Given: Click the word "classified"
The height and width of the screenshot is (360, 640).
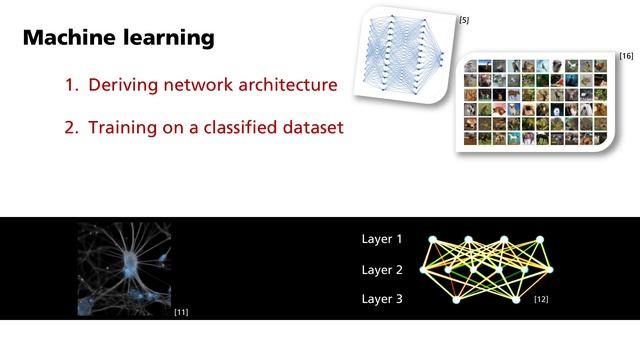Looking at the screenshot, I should coord(231,128).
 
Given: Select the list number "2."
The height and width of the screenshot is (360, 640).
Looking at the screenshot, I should coord(72,128).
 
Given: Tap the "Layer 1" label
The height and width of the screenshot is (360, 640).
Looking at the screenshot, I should coord(381,240).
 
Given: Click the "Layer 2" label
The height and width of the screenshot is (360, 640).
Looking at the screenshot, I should coord(381,270).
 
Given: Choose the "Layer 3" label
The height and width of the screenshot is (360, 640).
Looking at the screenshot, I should coord(381,299).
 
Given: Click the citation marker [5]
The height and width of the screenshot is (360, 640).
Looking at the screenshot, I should coord(464,20).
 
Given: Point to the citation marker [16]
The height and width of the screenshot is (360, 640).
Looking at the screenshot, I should coord(626,54).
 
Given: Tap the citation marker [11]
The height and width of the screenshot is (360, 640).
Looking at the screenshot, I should coord(181,313).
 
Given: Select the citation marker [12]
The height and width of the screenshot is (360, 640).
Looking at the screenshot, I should coord(541,300).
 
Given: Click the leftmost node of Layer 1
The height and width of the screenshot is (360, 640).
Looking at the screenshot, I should coord(432,240).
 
